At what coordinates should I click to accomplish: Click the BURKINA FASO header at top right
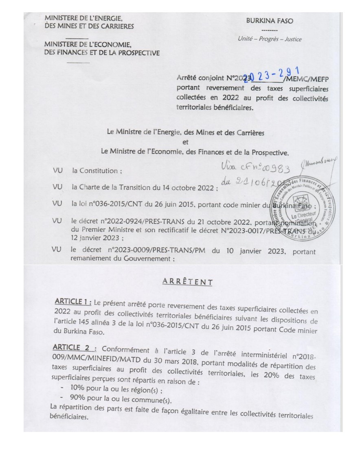coord(269,21)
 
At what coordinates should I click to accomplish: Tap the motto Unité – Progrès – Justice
coord(270,39)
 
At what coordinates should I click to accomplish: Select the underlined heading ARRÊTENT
coord(187,282)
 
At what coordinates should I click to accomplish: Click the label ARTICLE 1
coord(73,303)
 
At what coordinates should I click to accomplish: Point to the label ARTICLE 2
coord(75,349)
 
